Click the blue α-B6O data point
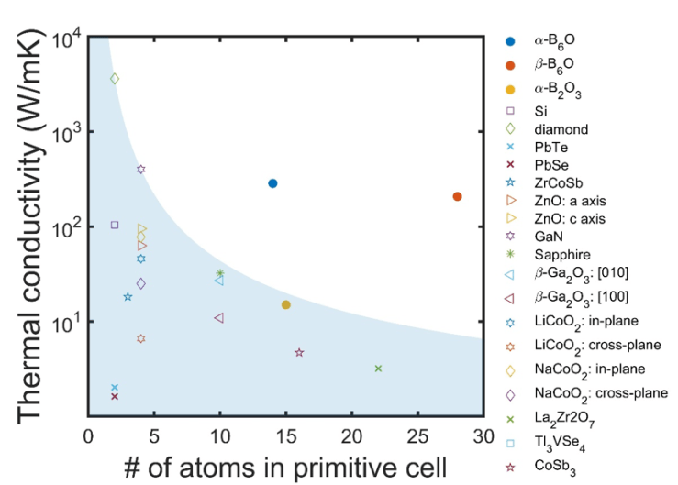pos(272,183)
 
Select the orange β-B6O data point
pos(458,196)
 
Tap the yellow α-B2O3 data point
pos(286,304)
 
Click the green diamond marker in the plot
pos(115,79)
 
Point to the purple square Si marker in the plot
pos(115,225)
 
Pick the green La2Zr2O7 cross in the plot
pos(378,369)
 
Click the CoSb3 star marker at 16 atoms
pos(299,352)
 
